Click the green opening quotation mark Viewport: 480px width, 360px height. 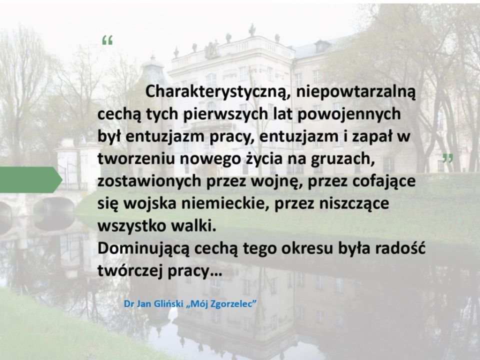click(107, 40)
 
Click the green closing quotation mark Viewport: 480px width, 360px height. click(448, 158)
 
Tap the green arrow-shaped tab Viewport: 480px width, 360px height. click(31, 179)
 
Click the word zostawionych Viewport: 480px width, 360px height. click(149, 181)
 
